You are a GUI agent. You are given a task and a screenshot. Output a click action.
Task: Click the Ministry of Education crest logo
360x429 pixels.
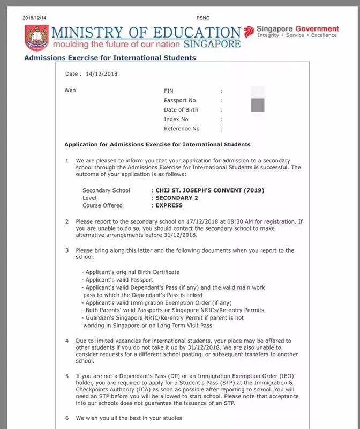coord(36,38)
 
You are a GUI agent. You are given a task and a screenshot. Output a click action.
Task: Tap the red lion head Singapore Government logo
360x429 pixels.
coord(249,32)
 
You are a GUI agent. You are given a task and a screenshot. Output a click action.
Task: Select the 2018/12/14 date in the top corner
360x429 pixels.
coord(35,18)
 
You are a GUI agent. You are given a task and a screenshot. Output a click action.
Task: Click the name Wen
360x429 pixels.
coord(70,90)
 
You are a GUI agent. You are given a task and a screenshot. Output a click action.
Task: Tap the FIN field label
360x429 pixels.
coord(169,91)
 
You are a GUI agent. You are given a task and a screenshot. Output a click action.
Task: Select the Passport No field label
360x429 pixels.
coord(180,100)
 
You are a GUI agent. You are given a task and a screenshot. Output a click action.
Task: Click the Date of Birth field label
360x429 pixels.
coord(181,110)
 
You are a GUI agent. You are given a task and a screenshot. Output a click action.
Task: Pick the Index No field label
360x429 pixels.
coord(176,119)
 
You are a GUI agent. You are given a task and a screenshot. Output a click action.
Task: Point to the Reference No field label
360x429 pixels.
coord(182,129)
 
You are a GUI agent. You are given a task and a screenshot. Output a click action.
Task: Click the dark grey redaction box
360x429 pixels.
coord(258,105)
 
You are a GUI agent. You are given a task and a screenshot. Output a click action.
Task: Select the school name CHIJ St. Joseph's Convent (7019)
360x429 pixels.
coord(209,190)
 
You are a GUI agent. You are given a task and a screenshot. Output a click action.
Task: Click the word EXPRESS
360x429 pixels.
coord(169,205)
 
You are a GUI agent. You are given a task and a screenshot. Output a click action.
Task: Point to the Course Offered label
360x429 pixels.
coord(102,205)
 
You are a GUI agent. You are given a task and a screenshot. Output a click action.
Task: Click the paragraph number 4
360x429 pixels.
coord(67,341)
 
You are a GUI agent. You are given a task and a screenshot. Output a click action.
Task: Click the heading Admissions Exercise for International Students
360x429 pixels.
coord(110,58)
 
